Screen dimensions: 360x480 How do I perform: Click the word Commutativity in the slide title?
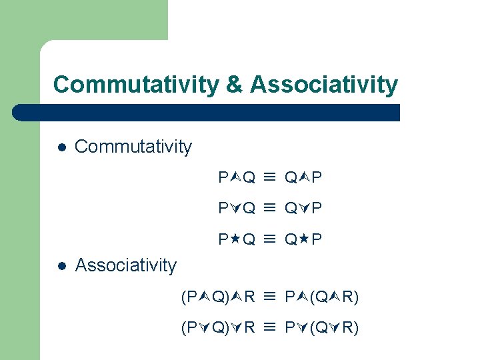pyautogui.click(x=135, y=85)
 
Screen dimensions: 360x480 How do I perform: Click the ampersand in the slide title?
pyautogui.click(x=233, y=85)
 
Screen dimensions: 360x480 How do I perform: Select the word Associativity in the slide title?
pyautogui.click(x=324, y=85)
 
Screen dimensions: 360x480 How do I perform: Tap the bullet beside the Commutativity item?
pyautogui.click(x=61, y=147)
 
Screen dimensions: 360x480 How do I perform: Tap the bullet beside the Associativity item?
pyautogui.click(x=61, y=265)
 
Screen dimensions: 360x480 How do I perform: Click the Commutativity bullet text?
pyautogui.click(x=133, y=147)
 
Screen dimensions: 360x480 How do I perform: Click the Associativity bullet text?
pyautogui.click(x=126, y=265)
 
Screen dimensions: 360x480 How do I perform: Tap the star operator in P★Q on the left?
pyautogui.click(x=235, y=238)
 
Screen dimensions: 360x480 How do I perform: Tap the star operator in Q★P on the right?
pyautogui.click(x=303, y=238)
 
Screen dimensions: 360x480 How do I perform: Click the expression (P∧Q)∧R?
pyautogui.click(x=218, y=297)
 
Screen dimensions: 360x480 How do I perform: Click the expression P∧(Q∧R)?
pyautogui.click(x=322, y=297)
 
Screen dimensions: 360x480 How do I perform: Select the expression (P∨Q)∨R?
pyautogui.click(x=218, y=327)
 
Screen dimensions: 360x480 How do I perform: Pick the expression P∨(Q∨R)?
pyautogui.click(x=322, y=327)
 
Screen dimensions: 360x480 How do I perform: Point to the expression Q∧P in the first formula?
pyautogui.click(x=303, y=177)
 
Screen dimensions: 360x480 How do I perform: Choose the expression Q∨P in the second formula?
pyautogui.click(x=303, y=208)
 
